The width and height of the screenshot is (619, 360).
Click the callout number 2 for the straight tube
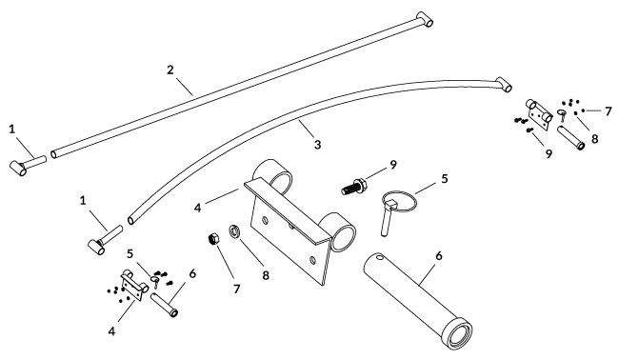click(170, 70)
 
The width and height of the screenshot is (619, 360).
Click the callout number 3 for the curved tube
click(318, 145)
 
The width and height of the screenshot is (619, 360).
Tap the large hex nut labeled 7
click(213, 239)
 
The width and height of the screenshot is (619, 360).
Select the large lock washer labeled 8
click(234, 230)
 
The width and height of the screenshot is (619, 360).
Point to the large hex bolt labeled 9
click(354, 186)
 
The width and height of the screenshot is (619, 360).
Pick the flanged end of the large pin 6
click(457, 332)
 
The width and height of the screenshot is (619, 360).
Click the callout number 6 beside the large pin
click(439, 256)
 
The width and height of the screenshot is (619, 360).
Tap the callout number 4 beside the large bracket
click(197, 208)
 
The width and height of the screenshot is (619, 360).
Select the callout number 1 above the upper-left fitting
click(11, 129)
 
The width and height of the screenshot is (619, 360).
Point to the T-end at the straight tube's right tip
click(425, 19)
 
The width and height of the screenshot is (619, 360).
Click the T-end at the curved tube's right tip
click(504, 85)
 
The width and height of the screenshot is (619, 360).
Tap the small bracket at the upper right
click(538, 114)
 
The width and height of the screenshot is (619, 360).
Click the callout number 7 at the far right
click(608, 110)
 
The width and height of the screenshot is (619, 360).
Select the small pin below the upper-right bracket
click(570, 138)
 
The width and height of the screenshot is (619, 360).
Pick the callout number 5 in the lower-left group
click(130, 254)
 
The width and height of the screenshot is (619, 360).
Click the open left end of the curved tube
click(130, 220)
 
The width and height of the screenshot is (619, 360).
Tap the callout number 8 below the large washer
click(266, 275)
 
